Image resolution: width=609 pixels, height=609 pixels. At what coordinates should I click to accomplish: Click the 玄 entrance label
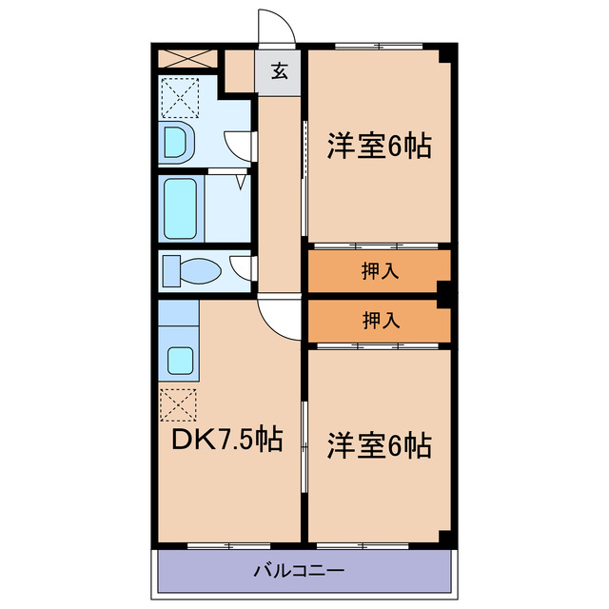279,69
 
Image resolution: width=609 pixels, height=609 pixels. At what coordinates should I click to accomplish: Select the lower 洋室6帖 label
380,443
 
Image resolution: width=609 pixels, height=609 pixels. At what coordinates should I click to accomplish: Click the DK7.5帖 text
226,440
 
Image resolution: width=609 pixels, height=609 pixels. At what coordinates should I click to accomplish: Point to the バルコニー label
299,572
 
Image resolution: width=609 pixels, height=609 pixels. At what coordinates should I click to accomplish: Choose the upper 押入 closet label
380,271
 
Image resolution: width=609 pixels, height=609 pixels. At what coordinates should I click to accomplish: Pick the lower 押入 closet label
380,321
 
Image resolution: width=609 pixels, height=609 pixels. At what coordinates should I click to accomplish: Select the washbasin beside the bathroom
179,142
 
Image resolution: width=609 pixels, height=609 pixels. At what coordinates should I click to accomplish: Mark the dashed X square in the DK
179,405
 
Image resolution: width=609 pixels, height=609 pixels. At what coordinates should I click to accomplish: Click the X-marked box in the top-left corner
186,56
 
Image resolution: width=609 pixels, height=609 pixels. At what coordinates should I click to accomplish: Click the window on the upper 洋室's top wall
379,45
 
